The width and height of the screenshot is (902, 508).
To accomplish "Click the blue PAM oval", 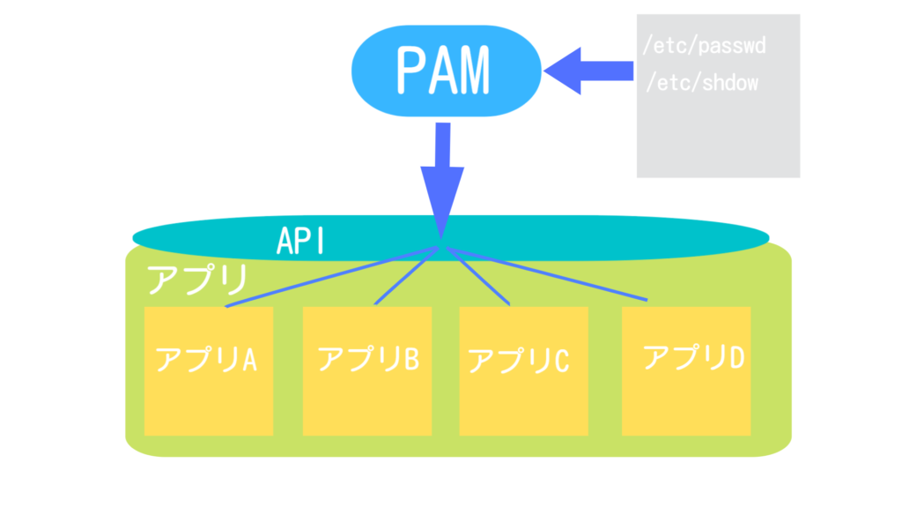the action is pos(446,71).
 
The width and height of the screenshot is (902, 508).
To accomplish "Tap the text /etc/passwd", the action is pos(704,46).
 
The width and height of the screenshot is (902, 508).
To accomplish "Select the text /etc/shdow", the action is pos(702,83).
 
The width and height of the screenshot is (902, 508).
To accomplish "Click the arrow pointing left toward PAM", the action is pos(588,71).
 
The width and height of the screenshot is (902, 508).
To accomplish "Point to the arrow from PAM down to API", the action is pos(442,181).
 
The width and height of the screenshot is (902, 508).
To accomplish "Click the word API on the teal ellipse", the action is pos(301,241).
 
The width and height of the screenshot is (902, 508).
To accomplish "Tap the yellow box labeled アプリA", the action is pos(208,371).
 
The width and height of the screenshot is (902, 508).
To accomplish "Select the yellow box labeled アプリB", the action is pos(367,371).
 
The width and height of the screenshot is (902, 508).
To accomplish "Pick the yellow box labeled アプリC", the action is pos(523,371).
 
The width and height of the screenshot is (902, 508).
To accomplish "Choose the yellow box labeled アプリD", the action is pos(686,371).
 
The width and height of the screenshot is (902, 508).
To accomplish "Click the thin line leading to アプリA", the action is pos(332,277).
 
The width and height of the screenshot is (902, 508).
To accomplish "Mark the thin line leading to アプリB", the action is pos(407,276).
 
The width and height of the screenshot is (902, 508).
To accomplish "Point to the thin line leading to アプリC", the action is pos(478,276).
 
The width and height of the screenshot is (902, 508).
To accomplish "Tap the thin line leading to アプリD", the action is pos(547,274).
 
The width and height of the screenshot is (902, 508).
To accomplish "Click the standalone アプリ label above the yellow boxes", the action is pos(196,280).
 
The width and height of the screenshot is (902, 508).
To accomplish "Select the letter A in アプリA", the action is pos(248,360).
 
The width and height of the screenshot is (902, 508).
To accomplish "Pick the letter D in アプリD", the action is pos(737,357).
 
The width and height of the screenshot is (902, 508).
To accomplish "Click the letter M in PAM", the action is pos(472,71).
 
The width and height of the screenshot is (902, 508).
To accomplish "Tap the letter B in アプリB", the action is pos(411,358).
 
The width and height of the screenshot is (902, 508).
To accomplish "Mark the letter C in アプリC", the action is pos(561,361).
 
